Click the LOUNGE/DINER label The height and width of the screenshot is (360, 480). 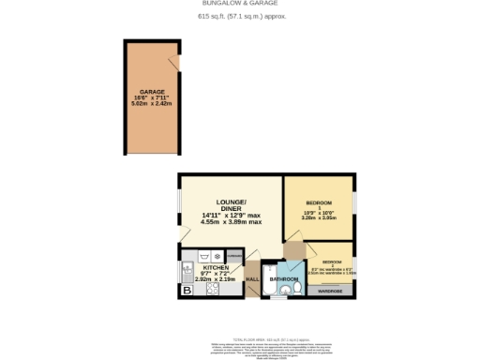230,205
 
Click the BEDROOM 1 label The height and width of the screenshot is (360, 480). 319,202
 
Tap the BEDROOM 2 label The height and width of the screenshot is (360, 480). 332,262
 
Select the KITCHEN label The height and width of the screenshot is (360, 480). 216,267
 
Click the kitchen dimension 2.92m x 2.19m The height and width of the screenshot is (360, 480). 216,278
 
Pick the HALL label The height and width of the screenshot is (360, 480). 252,279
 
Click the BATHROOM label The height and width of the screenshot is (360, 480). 282,279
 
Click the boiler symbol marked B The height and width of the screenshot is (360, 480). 186,291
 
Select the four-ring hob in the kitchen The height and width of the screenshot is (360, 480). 212,289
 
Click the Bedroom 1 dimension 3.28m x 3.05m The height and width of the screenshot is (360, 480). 319,219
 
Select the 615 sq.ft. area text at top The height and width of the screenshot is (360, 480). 241,17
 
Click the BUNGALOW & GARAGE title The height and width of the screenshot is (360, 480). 241,4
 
